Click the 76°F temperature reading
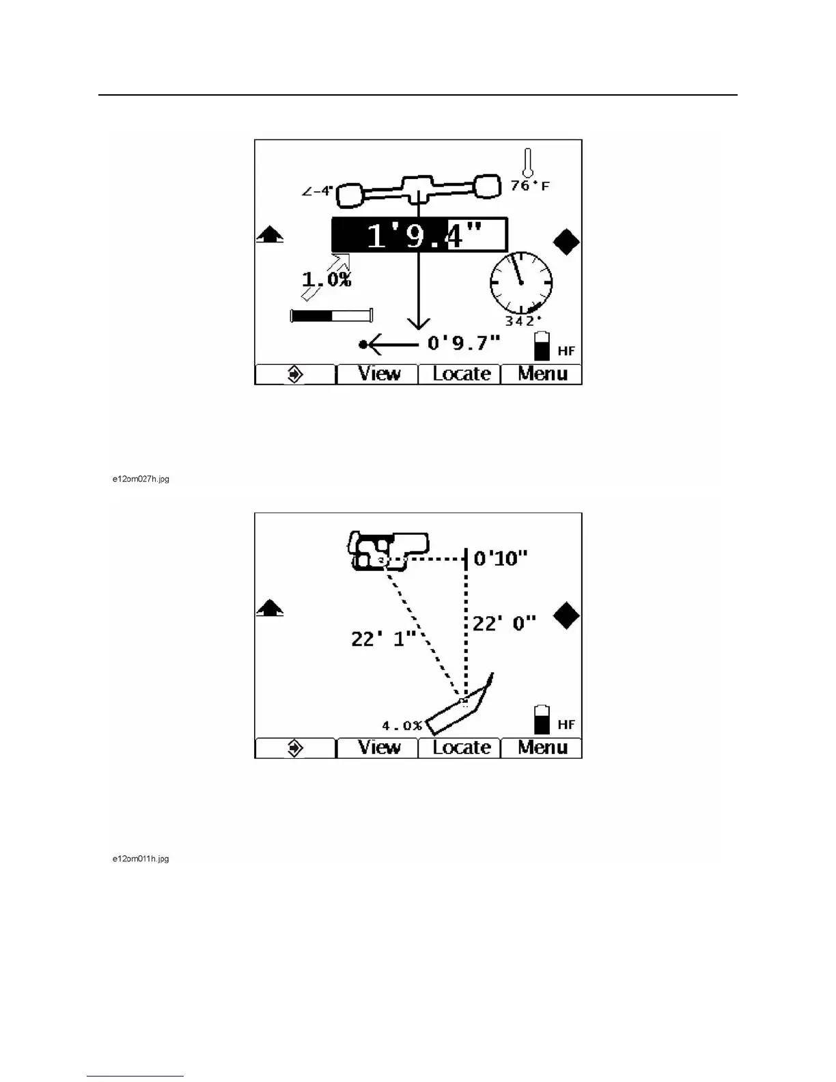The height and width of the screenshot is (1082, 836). (530, 185)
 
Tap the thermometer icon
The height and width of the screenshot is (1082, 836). (527, 162)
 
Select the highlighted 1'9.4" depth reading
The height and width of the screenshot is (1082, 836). (419, 236)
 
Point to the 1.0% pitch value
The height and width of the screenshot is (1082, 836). (326, 279)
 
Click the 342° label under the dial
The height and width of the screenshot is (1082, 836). (523, 321)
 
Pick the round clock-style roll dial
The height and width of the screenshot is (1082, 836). (521, 281)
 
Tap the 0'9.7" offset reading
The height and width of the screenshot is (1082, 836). (464, 342)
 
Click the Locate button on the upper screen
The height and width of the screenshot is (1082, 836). (461, 374)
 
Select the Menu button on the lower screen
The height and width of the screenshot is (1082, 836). (542, 747)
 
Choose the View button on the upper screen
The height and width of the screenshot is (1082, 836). (379, 374)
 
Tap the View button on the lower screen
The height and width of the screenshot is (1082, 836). (379, 747)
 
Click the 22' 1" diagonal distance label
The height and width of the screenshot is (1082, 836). (383, 639)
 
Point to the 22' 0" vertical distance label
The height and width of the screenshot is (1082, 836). (504, 623)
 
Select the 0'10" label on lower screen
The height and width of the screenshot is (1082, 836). (501, 558)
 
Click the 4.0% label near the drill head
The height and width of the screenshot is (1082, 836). (402, 725)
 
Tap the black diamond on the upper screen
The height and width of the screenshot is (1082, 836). (566, 242)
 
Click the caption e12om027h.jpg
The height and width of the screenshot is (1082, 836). (141, 479)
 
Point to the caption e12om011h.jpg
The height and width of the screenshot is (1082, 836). (141, 859)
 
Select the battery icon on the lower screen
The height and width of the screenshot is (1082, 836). (542, 719)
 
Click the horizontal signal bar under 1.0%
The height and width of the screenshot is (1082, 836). (332, 316)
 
